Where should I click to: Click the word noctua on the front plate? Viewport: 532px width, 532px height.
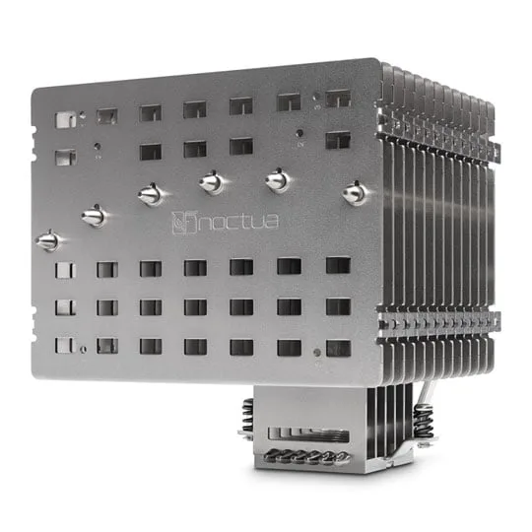[x=238, y=222]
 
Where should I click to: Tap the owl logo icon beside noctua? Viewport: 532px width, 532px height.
[x=184, y=223]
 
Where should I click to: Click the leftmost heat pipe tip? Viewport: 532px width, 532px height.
[x=47, y=240]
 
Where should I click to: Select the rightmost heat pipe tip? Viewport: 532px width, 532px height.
[x=355, y=193]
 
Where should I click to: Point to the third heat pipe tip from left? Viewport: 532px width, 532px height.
[x=151, y=195]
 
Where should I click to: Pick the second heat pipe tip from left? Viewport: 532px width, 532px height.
[x=94, y=216]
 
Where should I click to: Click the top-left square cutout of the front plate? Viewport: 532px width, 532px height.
[x=66, y=120]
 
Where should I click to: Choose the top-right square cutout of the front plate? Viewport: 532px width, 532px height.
[x=338, y=99]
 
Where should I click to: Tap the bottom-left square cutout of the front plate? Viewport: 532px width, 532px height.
[x=64, y=345]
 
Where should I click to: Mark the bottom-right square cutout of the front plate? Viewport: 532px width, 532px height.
[x=338, y=349]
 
